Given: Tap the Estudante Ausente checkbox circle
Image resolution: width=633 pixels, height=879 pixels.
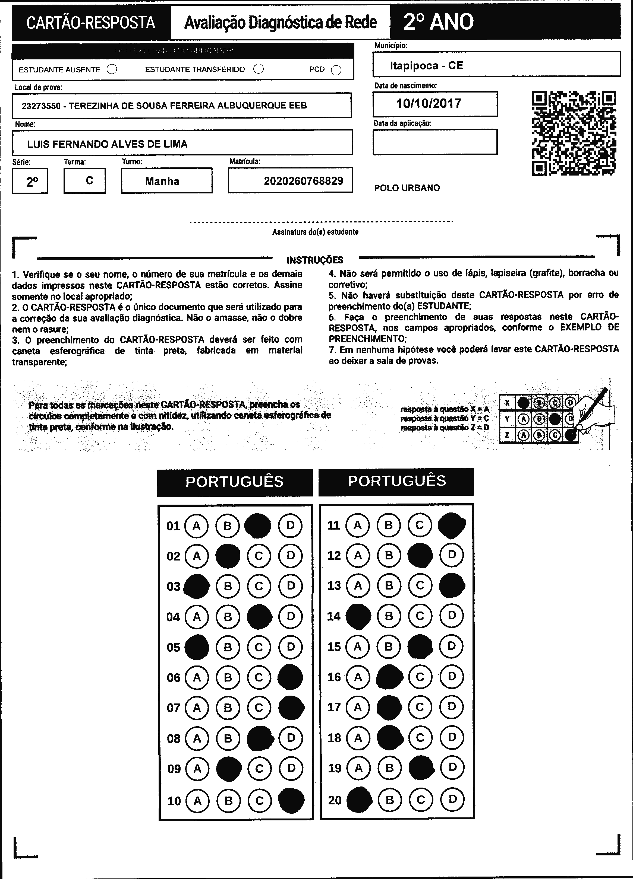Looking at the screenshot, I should (x=112, y=69).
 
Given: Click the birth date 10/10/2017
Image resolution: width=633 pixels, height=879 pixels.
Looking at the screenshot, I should (x=429, y=103).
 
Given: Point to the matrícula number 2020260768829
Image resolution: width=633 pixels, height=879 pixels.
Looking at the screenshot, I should (x=303, y=181).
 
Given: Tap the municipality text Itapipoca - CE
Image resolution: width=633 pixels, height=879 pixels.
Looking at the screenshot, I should (x=426, y=65).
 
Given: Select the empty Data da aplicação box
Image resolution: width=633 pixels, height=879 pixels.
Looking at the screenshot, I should (x=435, y=142).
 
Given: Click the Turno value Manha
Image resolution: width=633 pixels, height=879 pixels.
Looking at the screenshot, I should (x=162, y=181).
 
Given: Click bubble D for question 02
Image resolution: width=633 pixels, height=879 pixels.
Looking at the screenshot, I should (x=291, y=556).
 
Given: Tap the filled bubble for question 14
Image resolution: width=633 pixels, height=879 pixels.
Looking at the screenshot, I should (x=358, y=616).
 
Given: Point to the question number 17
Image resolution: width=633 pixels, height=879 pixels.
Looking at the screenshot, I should (x=334, y=707).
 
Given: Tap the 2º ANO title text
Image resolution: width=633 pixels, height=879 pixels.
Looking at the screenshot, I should (x=438, y=22).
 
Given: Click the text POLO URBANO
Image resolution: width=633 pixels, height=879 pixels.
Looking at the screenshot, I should (x=407, y=188).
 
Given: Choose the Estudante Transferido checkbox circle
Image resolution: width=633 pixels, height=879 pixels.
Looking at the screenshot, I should (x=258, y=69).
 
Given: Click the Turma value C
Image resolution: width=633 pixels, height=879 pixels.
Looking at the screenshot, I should (x=89, y=180).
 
